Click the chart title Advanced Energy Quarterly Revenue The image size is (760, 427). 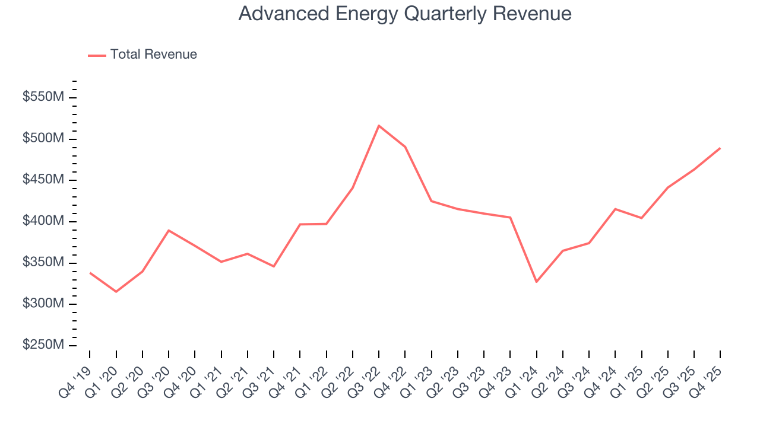(405, 14)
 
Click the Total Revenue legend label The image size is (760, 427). (153, 55)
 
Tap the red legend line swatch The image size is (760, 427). (97, 55)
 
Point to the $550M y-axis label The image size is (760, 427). (43, 97)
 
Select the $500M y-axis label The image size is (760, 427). (43, 139)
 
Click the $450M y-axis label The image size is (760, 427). (43, 180)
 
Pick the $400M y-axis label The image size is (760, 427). (43, 221)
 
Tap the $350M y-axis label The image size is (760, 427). (43, 262)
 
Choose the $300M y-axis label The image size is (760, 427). (43, 304)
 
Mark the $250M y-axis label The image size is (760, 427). (43, 345)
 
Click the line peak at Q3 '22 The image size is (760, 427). (379, 126)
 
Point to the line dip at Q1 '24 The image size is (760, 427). (536, 282)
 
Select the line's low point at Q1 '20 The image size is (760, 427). (116, 292)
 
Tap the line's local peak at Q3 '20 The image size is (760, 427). (169, 230)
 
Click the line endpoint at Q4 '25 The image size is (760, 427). (720, 148)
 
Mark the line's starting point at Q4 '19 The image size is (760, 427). (90, 273)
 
